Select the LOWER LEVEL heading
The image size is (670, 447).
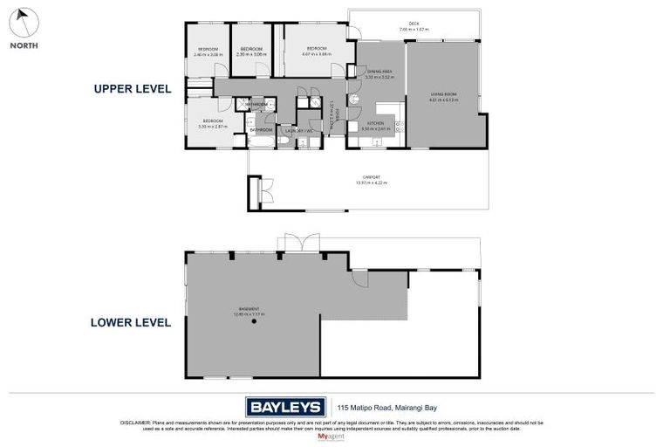(x=131, y=321)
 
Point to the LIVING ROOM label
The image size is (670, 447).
(x=443, y=95)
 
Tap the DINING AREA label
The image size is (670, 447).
(x=380, y=72)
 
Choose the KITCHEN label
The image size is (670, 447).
(x=375, y=125)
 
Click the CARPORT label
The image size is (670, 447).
(x=371, y=179)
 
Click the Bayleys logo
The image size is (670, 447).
(x=284, y=406)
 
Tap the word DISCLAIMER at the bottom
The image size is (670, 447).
(x=135, y=423)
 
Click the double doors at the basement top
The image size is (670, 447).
(x=294, y=244)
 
